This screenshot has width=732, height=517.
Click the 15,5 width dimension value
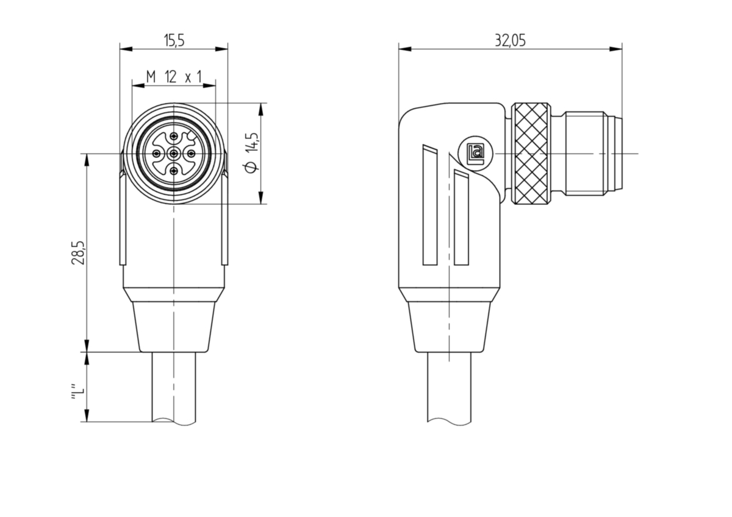coord(174,41)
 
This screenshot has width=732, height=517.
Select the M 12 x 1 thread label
coord(174,77)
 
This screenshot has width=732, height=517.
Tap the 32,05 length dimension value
coord(510,41)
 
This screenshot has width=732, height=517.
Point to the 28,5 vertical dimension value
coord(79,253)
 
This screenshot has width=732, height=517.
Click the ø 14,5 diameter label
coord(252,153)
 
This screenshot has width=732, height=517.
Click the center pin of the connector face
coord(174,153)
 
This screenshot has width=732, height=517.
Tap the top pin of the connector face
coord(174,137)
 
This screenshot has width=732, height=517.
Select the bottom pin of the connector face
coord(174,170)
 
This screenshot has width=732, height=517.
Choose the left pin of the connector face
coord(157,153)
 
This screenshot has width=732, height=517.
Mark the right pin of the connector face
coord(191,153)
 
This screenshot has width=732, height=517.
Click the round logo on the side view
coord(476,154)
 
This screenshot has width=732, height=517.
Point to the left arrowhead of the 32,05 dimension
coord(405,49)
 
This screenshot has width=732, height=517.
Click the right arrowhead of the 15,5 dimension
coord(221,49)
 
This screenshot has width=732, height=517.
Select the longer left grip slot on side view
coord(430,205)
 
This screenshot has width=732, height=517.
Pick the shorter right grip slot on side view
coord(461,217)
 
